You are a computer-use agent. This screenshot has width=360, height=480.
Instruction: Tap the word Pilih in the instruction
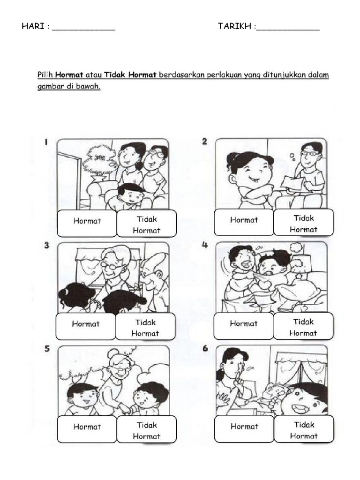(x=45, y=75)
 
